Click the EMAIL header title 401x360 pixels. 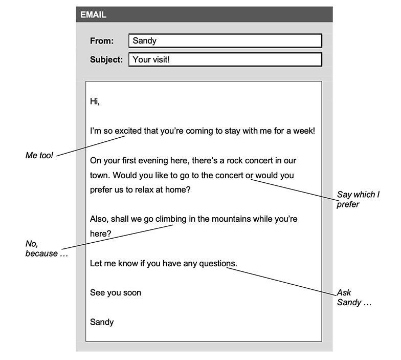tap(93, 15)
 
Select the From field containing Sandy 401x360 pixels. tap(225, 41)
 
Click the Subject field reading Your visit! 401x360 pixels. tap(225, 59)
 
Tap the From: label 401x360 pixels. tap(102, 41)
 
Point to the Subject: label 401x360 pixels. tap(106, 59)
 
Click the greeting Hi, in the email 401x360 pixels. tap(95, 101)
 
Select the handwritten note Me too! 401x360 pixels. tap(39, 155)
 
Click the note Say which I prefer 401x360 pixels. tap(358, 199)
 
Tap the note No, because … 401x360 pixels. tap(47, 249)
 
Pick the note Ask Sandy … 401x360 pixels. tap(353, 298)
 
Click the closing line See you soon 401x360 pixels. tap(116, 293)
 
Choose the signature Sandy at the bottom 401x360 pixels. tap(102, 322)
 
